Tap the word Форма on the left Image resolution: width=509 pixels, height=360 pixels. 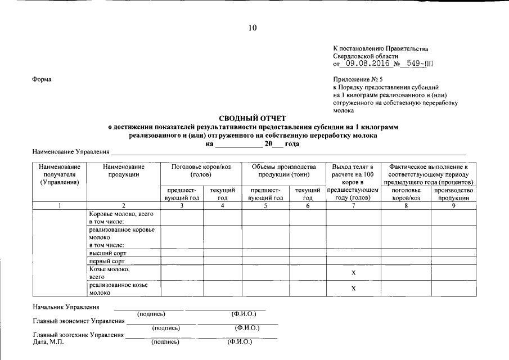point(42,79)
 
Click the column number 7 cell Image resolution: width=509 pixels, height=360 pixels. point(353,206)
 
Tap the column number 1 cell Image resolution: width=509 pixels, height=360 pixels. point(60,206)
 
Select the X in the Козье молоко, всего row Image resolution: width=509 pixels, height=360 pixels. point(353,273)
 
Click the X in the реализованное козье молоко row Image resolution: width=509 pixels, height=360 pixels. point(353,289)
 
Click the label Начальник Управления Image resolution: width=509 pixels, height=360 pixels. point(66,307)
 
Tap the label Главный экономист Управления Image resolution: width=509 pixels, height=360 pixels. point(78,321)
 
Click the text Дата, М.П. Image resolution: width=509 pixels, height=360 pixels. point(48,341)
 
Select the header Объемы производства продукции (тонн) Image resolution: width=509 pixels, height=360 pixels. point(283,170)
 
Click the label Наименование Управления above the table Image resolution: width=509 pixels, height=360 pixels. point(70,152)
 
